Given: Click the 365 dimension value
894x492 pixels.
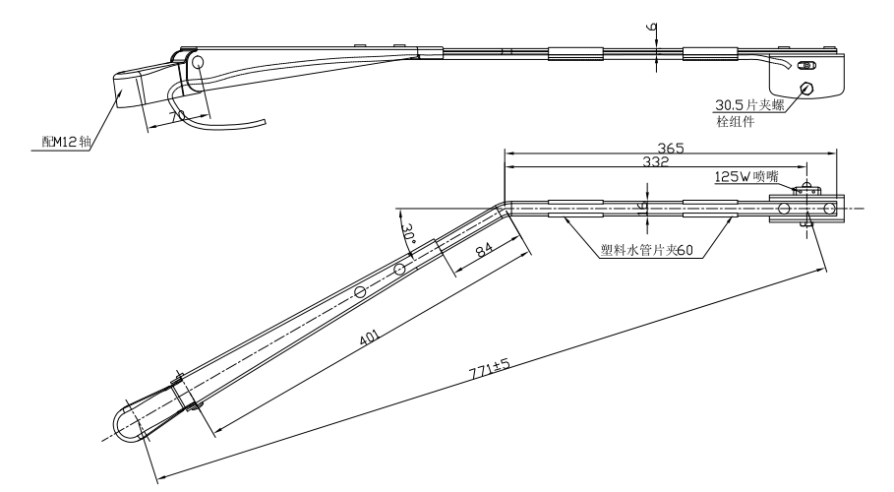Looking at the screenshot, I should pos(671,148).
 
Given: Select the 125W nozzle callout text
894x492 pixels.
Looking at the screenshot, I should pos(745,177).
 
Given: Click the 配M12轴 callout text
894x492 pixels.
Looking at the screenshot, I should pos(65,142).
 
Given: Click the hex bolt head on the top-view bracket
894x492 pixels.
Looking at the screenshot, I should pos(808,89).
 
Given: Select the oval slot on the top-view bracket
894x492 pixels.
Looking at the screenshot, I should pos(806,66).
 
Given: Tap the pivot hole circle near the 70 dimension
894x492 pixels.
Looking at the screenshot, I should pos(197,63).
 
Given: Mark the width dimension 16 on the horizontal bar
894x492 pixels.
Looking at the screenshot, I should pos(640,208).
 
